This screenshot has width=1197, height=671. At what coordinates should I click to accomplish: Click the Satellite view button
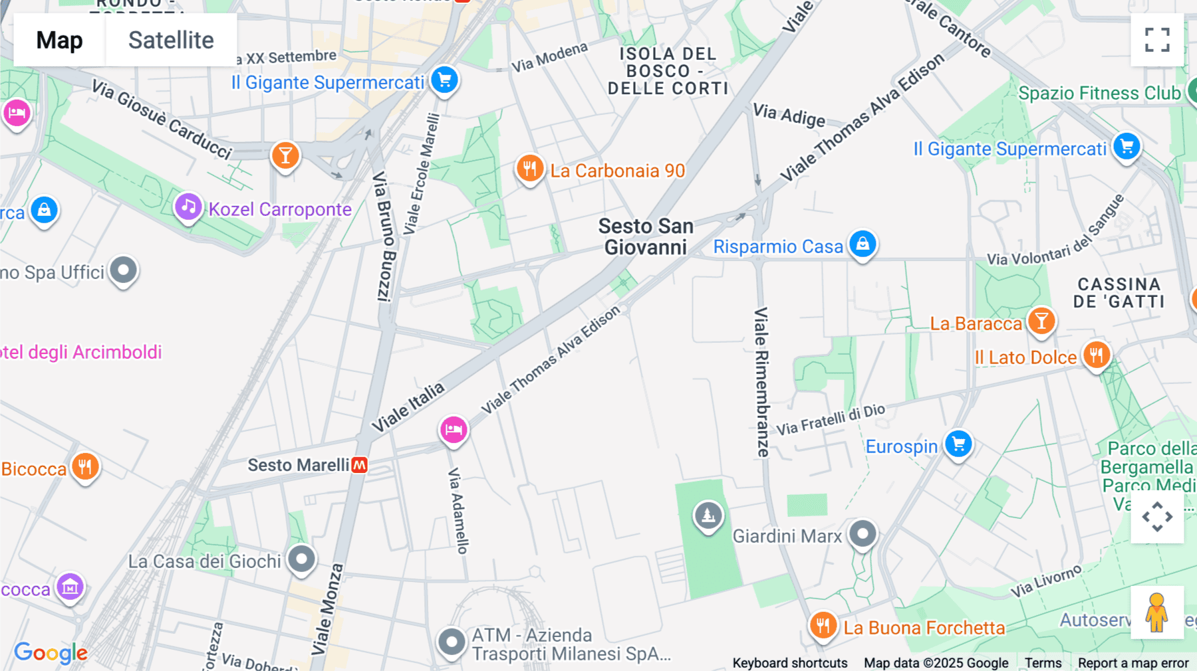[x=171, y=40]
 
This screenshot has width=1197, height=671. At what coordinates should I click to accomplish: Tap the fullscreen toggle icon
[x=1157, y=40]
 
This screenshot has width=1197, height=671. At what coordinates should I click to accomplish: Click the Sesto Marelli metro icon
[x=360, y=465]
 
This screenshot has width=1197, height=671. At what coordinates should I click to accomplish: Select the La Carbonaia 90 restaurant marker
[x=530, y=169]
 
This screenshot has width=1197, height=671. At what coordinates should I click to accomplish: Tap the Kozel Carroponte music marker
[x=188, y=207]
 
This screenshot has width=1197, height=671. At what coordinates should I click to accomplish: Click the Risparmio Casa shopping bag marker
[x=863, y=244]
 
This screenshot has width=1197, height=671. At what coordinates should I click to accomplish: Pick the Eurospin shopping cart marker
[x=958, y=444]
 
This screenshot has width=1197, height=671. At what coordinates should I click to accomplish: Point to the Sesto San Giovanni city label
[x=646, y=237]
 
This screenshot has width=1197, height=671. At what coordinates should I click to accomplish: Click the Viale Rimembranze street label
[x=761, y=381]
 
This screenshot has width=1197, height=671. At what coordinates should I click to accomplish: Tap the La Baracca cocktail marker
[x=1041, y=322]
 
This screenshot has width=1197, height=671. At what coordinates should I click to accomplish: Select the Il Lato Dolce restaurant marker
[x=1097, y=355]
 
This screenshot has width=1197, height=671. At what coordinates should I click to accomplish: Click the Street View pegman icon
[x=1157, y=613]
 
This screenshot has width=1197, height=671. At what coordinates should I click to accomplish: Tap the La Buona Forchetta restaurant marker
[x=823, y=625]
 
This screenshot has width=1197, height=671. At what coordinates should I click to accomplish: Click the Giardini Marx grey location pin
[x=863, y=533]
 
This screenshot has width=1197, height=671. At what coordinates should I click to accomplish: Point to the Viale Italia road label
[x=408, y=407]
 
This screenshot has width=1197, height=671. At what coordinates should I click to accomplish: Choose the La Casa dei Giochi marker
[x=302, y=559]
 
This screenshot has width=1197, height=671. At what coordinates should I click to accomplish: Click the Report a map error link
[x=1133, y=663]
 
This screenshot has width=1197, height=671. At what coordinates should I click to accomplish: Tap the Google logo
[x=51, y=652]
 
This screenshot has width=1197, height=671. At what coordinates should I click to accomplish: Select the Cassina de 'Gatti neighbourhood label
[x=1119, y=293]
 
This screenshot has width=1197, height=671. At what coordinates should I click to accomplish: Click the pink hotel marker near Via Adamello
[x=454, y=430]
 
